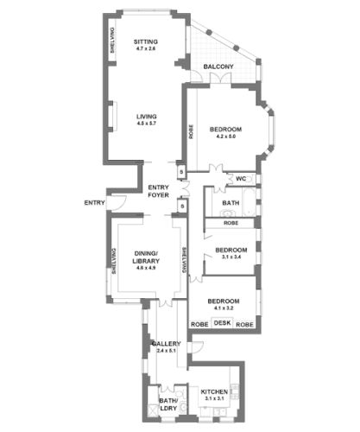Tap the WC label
coord(242,180)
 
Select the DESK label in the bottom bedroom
coord(223,323)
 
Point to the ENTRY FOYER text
coord(158,192)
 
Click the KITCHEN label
coord(214,391)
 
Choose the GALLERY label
coord(166,344)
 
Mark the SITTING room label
coord(144,41)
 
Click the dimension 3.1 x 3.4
coord(231,257)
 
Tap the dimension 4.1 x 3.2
coord(223,308)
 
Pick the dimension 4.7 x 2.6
coord(144,49)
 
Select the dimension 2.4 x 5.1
coord(166,352)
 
